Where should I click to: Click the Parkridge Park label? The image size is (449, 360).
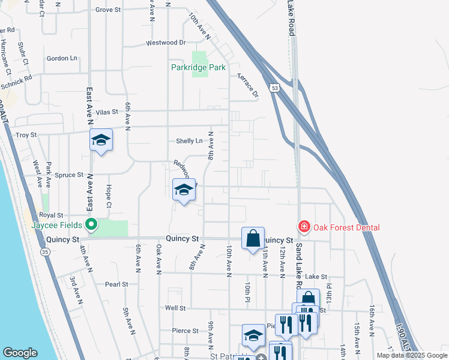[197, 68]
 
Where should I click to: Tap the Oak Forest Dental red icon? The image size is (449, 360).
[304, 227]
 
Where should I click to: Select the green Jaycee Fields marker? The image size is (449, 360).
[91, 226]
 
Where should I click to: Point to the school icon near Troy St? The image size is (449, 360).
[101, 141]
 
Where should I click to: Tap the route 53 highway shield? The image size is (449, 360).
[274, 88]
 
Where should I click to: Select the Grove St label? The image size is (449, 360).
[109, 10]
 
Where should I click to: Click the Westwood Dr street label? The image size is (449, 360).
[166, 43]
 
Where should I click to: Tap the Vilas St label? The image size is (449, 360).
[107, 112]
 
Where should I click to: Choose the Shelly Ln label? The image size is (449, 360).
[189, 141]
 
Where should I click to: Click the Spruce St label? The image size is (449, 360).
[69, 175]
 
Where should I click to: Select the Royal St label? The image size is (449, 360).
[51, 215]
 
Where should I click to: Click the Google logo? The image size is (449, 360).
[20, 353]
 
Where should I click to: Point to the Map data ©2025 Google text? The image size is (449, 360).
[411, 355]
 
